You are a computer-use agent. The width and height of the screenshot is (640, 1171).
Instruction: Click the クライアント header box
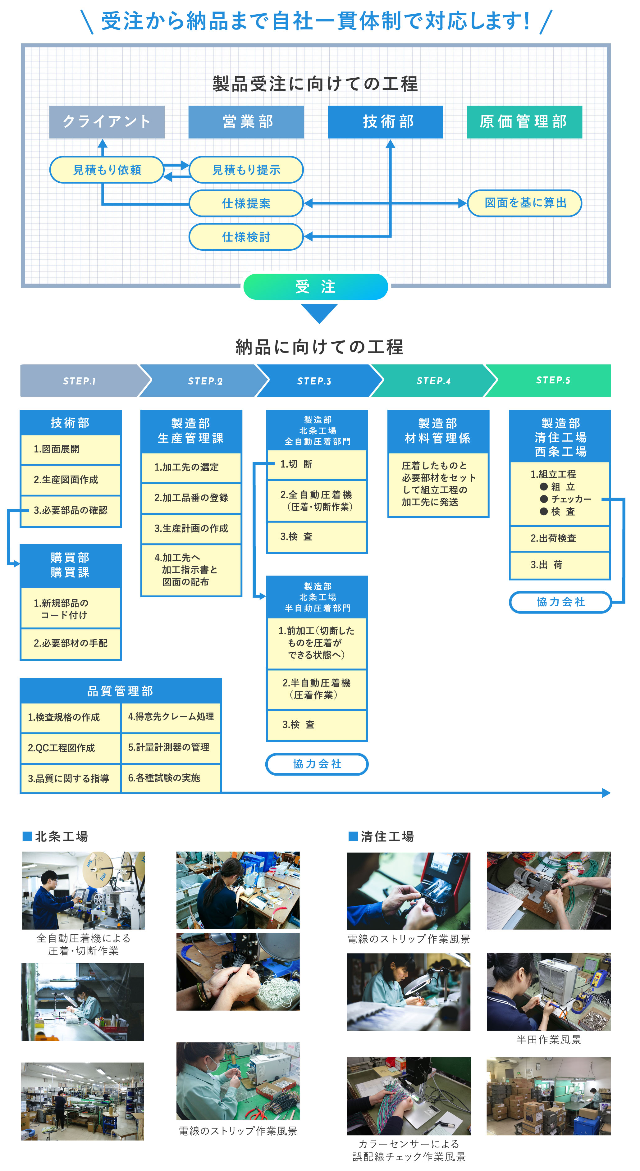tap(106, 122)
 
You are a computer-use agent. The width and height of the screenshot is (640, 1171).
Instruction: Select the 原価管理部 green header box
tap(524, 122)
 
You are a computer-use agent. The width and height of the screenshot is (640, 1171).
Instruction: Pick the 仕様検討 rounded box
tap(246, 237)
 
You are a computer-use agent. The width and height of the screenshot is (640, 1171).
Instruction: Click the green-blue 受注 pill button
tap(315, 286)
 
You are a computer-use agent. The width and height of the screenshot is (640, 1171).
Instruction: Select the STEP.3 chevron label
tap(314, 381)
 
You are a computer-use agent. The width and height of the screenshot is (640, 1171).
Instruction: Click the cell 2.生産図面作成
tap(71, 480)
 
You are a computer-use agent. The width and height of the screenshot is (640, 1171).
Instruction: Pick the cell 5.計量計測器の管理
tap(171, 747)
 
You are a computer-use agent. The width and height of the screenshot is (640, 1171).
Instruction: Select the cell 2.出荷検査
tap(559, 539)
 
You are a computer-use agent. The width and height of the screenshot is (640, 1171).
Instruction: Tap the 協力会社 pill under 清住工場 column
tap(560, 602)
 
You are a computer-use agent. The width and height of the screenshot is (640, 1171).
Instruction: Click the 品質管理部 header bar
tap(121, 691)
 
